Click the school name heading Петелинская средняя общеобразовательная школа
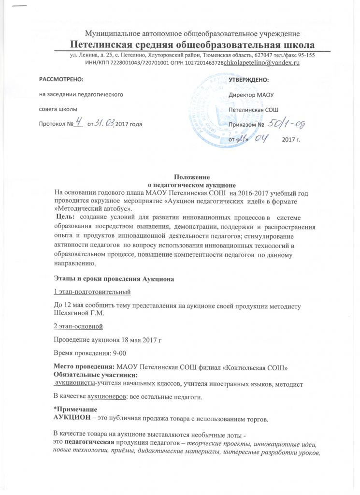click(x=192, y=44)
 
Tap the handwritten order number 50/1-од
click(x=286, y=123)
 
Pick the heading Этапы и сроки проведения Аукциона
click(x=113, y=279)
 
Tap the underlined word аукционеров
click(x=107, y=397)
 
